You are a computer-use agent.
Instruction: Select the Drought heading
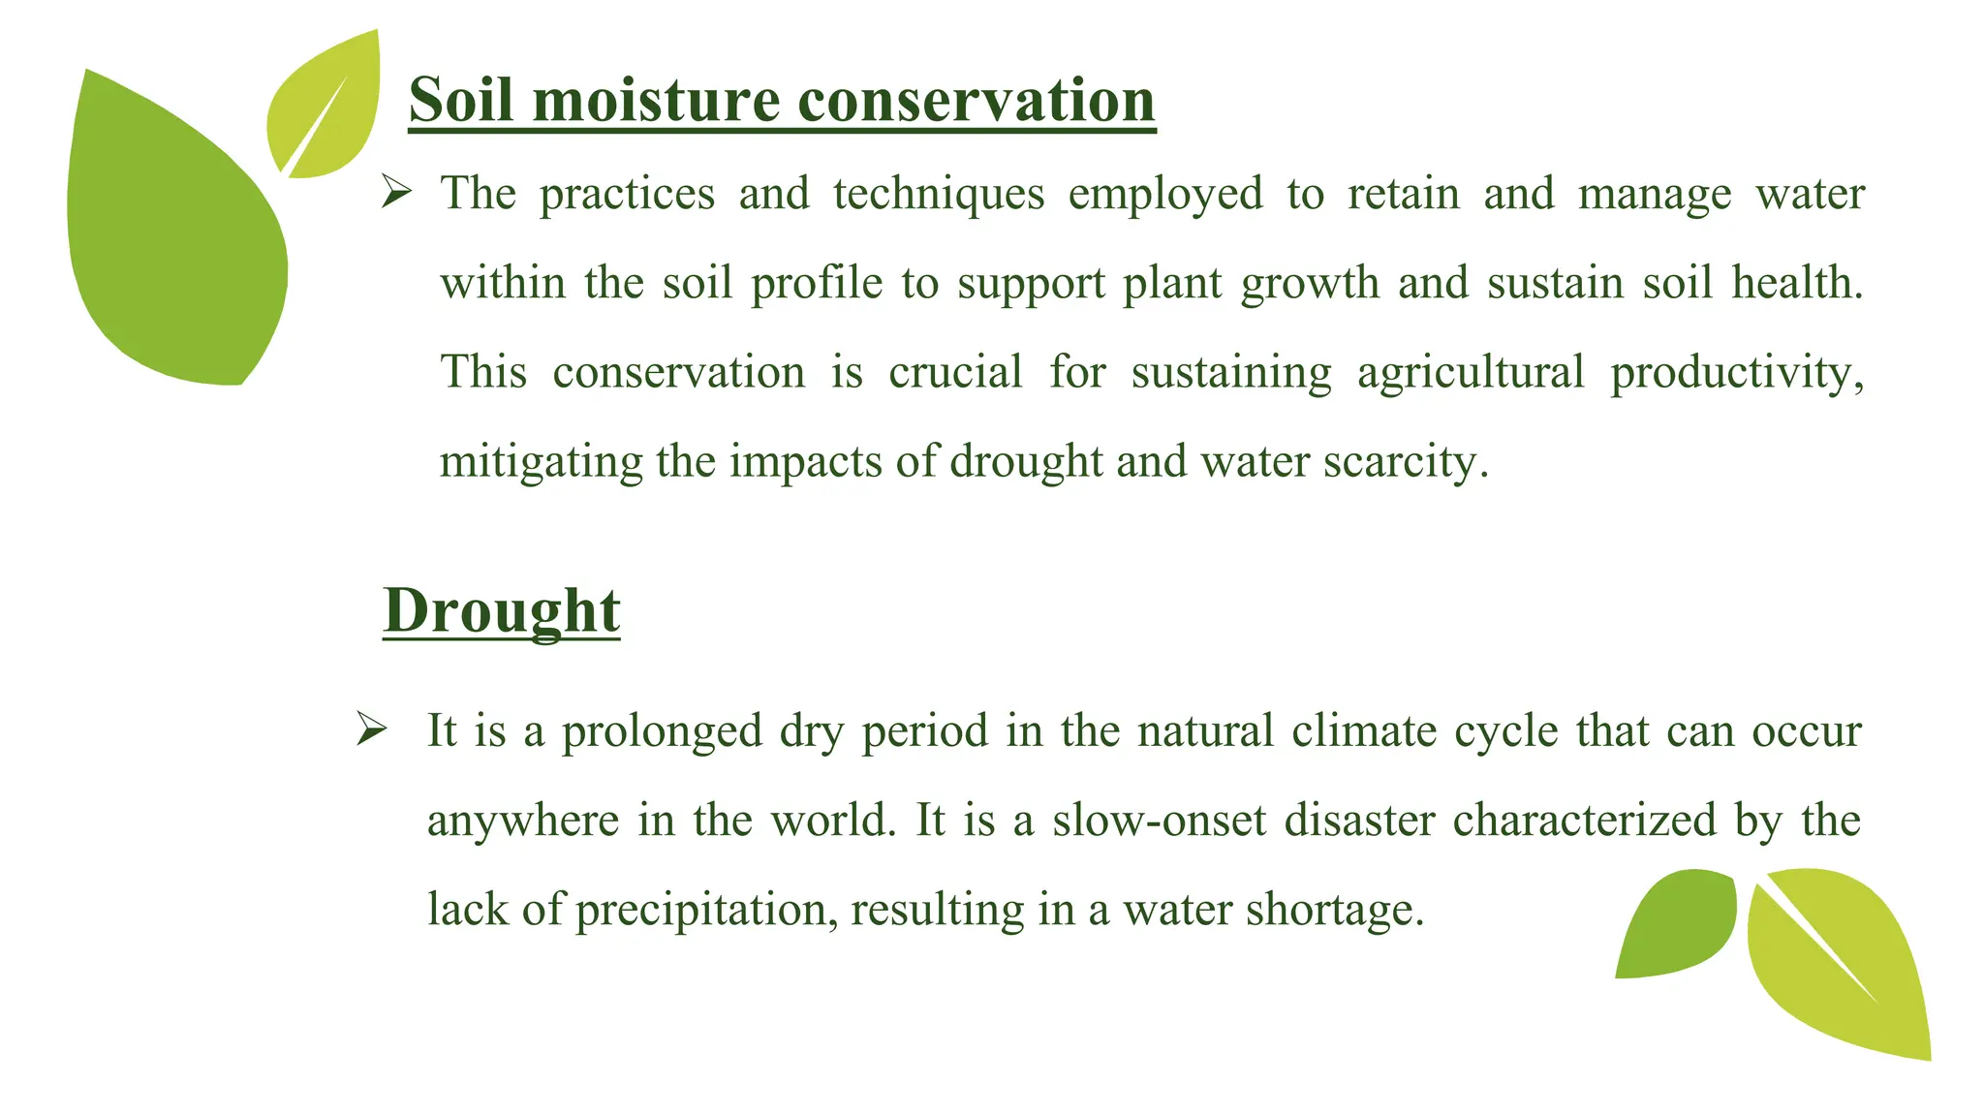pos(501,610)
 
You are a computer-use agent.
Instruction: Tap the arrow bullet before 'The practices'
pos(396,192)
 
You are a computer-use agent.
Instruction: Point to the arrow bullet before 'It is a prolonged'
pos(371,728)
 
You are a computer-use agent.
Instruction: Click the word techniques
pos(939,194)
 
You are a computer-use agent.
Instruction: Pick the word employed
pos(1165,194)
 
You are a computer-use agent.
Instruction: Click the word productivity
pos(1736,372)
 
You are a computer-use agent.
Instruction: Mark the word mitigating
pos(541,462)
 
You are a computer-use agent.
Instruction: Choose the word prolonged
pos(662,731)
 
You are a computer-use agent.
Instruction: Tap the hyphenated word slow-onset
pos(1159,821)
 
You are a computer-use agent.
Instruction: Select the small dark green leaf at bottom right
pos(1676,925)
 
